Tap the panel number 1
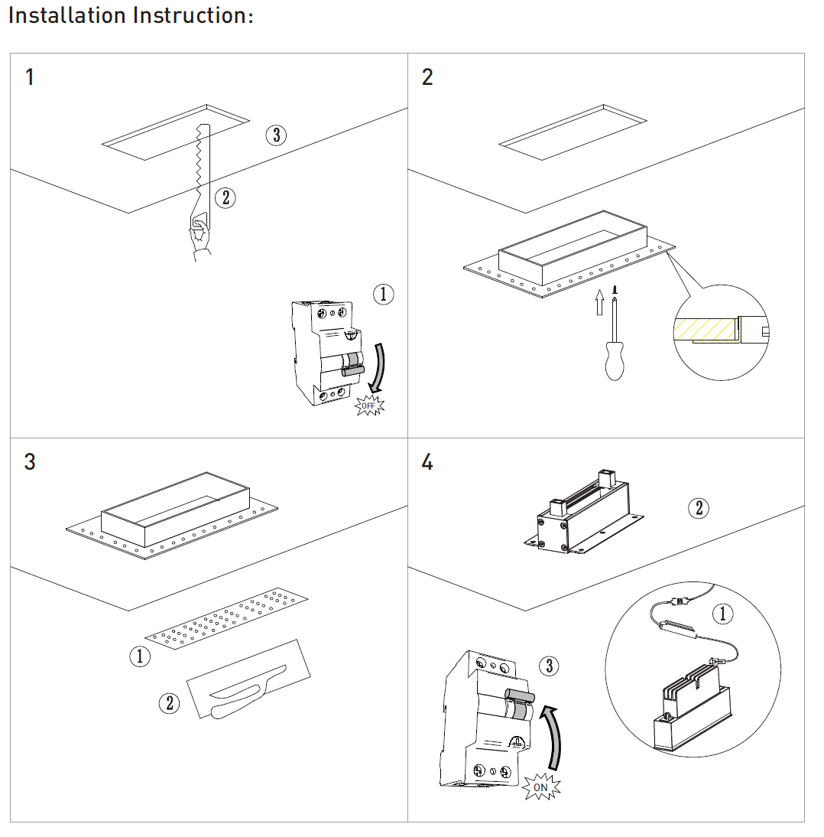coord(30,77)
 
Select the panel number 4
coord(427,463)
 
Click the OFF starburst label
coord(371,405)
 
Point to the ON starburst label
coord(540,787)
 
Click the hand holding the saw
coord(200,236)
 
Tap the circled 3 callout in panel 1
coord(276,135)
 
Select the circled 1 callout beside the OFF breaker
coord(383,294)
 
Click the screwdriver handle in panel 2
coord(614,360)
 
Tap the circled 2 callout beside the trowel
coord(168,702)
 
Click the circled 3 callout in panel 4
coord(548,666)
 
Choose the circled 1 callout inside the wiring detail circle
coord(722,614)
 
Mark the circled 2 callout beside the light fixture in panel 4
coord(698,508)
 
